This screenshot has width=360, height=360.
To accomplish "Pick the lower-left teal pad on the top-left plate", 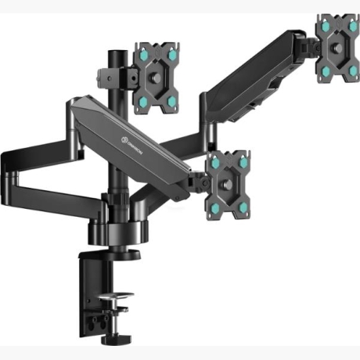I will [x=144, y=99].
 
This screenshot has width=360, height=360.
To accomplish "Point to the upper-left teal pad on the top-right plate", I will [x=323, y=28].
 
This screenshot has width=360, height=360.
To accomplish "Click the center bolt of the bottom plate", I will [x=229, y=185].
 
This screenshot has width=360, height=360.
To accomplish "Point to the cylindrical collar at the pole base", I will [x=125, y=232].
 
